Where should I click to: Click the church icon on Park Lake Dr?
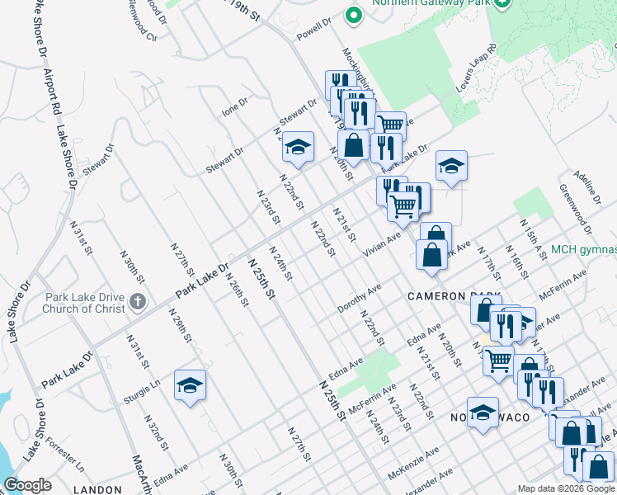137,303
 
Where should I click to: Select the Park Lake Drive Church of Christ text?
86,303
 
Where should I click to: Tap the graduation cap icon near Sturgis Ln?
190,385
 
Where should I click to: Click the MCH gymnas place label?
583,250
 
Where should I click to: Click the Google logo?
27,485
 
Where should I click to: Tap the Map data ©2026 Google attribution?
567,488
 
